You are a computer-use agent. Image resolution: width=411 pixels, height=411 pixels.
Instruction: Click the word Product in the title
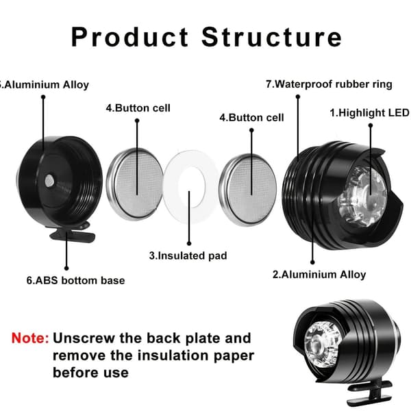(x=129, y=37)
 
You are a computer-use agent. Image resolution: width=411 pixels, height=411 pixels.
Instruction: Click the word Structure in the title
(x=271, y=37)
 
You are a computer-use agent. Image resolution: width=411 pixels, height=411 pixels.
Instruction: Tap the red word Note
(x=30, y=338)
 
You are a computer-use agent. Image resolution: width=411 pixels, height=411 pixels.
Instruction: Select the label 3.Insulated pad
(x=188, y=256)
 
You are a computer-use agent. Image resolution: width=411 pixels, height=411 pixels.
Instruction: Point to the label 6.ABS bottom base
(x=75, y=280)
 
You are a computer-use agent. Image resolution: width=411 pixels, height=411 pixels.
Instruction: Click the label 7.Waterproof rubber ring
(x=329, y=84)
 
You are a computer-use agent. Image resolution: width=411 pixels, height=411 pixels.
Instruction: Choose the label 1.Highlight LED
(x=369, y=113)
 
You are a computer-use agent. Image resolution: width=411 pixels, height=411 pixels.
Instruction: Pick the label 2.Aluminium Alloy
(x=319, y=275)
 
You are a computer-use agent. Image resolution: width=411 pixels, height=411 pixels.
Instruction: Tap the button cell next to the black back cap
(x=135, y=184)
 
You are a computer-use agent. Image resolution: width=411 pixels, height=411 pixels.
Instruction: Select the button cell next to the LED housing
(x=248, y=190)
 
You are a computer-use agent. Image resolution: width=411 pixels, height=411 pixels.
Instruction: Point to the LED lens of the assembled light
(x=323, y=345)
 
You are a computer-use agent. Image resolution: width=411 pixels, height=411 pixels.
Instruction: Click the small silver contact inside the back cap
(x=49, y=181)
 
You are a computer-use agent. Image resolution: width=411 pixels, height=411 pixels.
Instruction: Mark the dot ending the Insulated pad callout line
(x=189, y=243)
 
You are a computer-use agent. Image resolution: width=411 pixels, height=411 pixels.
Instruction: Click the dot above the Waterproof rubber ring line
(x=298, y=97)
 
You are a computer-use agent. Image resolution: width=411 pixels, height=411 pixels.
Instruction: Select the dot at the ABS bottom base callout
(x=66, y=268)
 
